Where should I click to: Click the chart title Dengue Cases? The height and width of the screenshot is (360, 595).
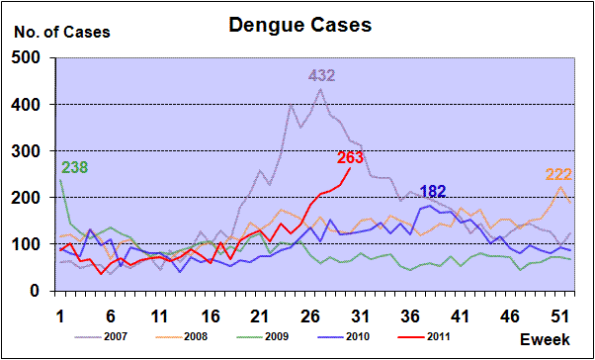click(299, 25)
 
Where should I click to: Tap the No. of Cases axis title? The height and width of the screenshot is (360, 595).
click(62, 33)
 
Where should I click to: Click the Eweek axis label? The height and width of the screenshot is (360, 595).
click(545, 339)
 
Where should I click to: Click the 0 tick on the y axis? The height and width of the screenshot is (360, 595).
click(45, 291)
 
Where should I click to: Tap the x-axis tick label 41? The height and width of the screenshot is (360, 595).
click(462, 315)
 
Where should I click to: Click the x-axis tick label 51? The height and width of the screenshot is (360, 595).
click(560, 315)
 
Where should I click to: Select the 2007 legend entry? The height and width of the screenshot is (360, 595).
click(101, 336)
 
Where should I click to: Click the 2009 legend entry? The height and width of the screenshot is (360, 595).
click(262, 336)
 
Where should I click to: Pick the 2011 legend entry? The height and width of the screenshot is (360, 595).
click(423, 336)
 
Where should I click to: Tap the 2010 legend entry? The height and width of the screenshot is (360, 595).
click(342, 336)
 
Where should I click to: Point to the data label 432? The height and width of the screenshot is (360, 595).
click(321, 75)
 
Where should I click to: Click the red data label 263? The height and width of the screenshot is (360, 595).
click(350, 157)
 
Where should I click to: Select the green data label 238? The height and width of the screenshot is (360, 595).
click(74, 167)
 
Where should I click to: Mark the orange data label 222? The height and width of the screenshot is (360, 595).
click(558, 175)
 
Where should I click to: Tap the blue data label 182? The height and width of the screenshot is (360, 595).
click(433, 192)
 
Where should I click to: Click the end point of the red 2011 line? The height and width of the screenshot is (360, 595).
click(350, 168)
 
